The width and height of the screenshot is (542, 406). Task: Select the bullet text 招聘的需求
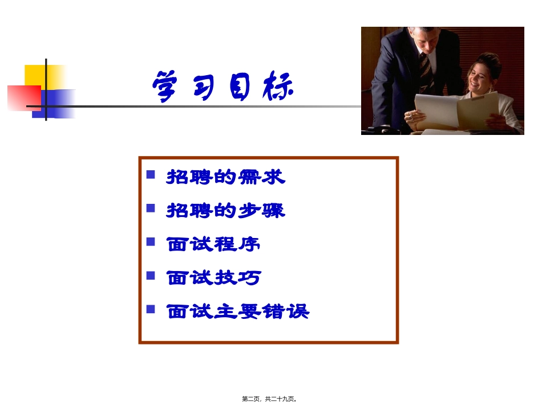coord(225,178)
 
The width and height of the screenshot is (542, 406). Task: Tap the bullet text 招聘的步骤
coord(225,211)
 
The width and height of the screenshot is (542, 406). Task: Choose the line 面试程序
coord(213,244)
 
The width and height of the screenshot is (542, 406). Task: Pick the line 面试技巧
coord(213,278)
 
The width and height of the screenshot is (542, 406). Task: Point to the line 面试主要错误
coord(237,311)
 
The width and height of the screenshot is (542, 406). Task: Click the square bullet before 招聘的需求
coord(151,174)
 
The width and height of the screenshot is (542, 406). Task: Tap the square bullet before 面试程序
coord(151,241)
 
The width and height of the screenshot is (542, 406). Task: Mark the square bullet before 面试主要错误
coord(151,309)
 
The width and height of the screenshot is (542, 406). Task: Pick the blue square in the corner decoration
coord(57,104)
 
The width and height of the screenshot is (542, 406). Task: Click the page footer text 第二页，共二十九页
coord(269,399)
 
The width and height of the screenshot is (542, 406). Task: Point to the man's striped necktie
coord(426,68)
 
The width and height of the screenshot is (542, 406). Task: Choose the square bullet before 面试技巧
coord(151,275)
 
